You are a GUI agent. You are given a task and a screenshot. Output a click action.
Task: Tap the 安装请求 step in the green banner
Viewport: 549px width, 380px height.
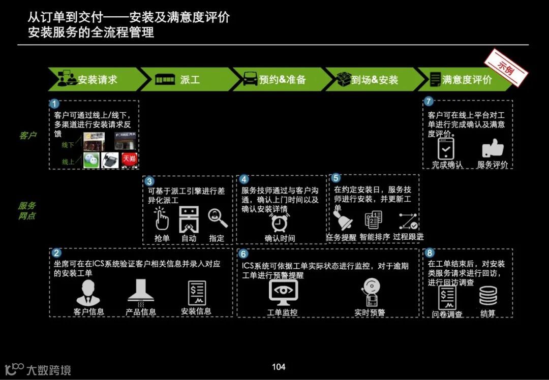[97, 80]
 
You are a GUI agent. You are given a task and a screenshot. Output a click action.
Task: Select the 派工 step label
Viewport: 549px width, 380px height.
[190, 80]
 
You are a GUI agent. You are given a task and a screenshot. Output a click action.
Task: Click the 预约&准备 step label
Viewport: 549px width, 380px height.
[282, 80]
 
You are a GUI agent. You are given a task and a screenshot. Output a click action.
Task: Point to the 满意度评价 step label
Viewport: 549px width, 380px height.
[467, 80]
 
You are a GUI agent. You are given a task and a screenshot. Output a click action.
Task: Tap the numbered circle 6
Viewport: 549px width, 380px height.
[243, 253]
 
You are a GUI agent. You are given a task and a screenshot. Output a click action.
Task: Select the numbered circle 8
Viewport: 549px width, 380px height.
[430, 253]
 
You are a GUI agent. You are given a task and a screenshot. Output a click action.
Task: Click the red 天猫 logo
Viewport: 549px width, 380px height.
[129, 160]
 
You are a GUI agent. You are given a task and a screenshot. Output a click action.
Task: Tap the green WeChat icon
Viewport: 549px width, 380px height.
[91, 160]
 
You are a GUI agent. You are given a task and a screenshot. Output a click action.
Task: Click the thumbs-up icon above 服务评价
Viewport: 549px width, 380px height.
[492, 148]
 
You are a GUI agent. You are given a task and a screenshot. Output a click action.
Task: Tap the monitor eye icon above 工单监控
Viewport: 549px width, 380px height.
[283, 293]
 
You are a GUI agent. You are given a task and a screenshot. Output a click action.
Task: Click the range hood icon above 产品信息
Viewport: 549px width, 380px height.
[141, 292]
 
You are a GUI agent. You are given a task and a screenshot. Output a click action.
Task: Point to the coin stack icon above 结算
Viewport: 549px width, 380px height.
[488, 296]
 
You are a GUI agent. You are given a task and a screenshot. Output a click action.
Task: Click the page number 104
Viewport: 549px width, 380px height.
[278, 367]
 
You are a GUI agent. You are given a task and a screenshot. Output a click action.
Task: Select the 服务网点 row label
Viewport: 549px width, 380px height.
[27, 211]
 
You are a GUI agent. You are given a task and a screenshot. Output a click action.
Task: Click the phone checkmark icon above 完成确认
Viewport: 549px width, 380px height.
[445, 148]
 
